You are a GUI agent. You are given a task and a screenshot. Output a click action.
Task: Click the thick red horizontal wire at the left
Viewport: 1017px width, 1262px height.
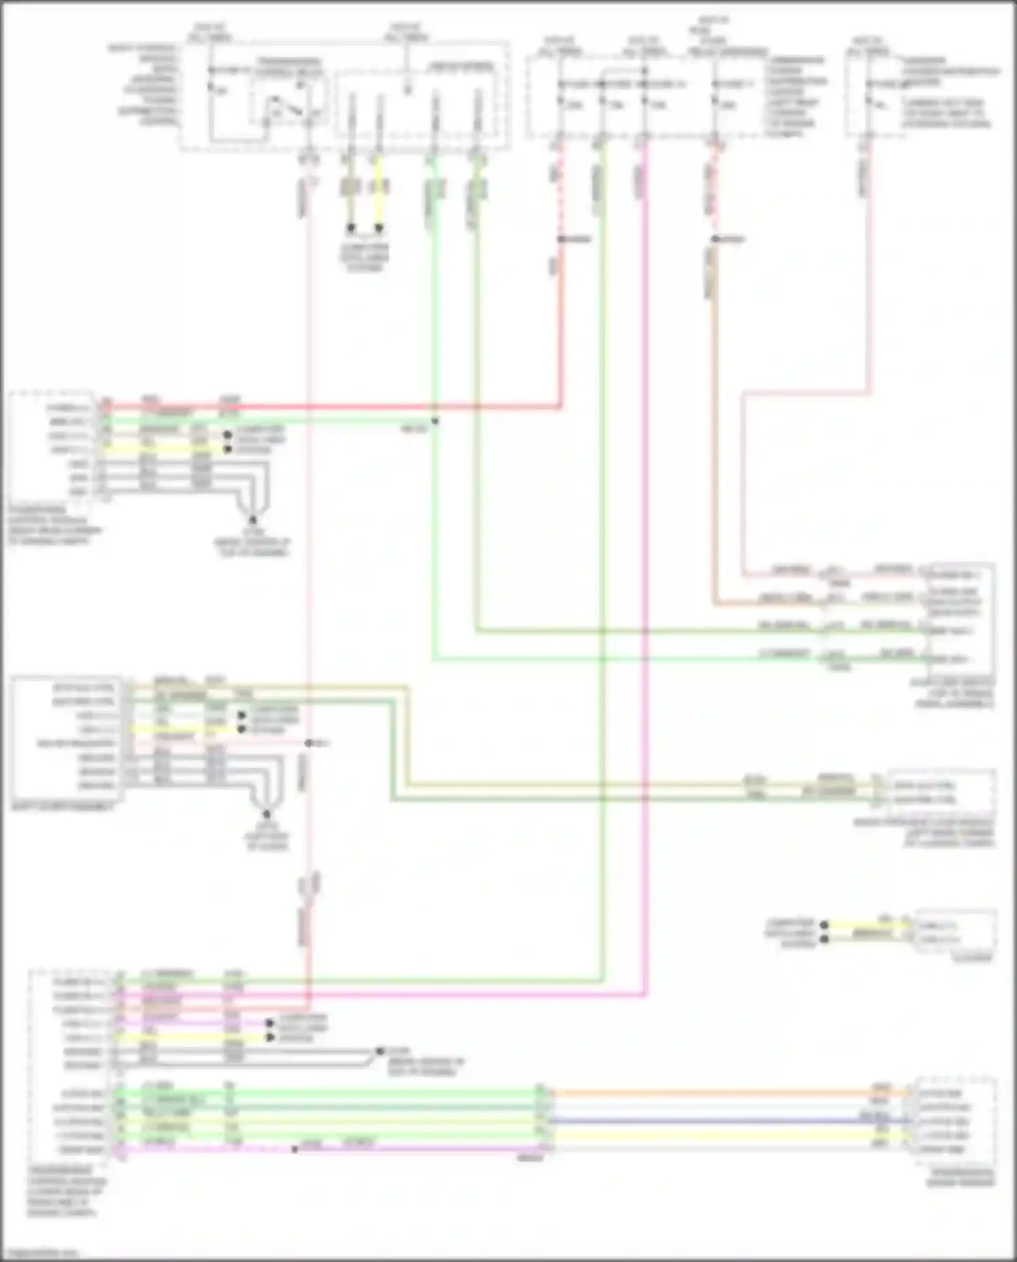pyautogui.click(x=339, y=408)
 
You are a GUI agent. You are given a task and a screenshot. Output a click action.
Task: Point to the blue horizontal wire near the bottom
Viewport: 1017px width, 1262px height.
pyautogui.click(x=725, y=1121)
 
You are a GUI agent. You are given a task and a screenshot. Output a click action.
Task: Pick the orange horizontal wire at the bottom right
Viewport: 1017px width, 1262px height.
pyautogui.click(x=725, y=1093)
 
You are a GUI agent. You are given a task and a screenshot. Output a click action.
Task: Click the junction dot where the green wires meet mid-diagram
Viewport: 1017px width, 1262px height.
pyautogui.click(x=435, y=421)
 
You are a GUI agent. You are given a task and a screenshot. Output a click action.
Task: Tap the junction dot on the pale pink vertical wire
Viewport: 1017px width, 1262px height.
pyautogui.click(x=308, y=743)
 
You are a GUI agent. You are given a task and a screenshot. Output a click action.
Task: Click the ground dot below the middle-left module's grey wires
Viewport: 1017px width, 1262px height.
pyautogui.click(x=266, y=814)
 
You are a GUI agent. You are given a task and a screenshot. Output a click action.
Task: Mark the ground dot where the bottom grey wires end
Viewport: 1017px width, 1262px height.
pyautogui.click(x=380, y=1050)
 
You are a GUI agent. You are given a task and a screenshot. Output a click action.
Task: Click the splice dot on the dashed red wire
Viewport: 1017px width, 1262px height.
pyautogui.click(x=561, y=239)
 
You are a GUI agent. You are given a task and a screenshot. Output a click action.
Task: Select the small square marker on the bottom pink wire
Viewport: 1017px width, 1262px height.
pyautogui.click(x=294, y=1149)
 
